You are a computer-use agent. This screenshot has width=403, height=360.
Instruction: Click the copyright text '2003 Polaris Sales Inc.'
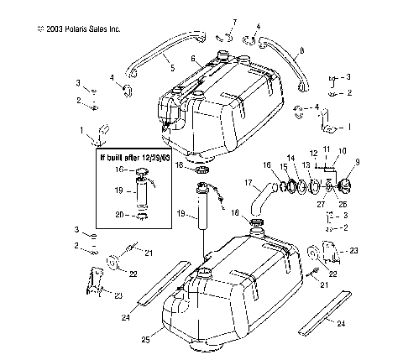[79, 29]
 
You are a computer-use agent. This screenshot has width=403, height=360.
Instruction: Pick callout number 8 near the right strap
[301, 52]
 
